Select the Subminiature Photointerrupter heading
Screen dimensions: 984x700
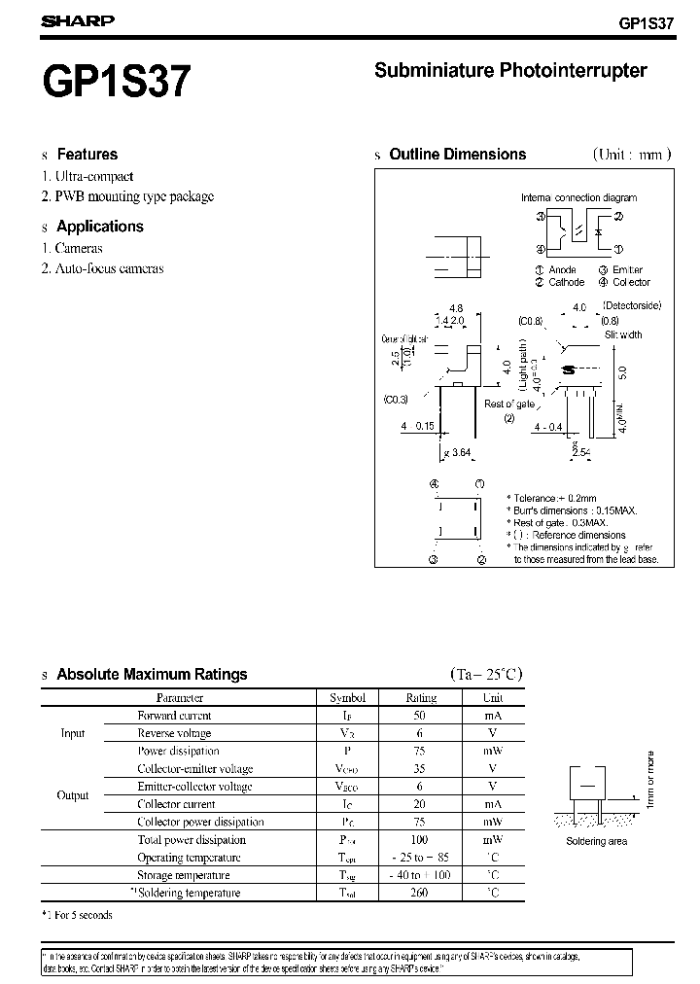510,70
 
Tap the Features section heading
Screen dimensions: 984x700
87,154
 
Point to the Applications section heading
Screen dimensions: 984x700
99,226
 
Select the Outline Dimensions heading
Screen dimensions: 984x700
457,154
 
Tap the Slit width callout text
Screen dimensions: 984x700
623,334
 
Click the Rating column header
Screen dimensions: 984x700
421,697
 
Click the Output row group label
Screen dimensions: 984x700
73,794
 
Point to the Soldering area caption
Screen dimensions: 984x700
596,841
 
